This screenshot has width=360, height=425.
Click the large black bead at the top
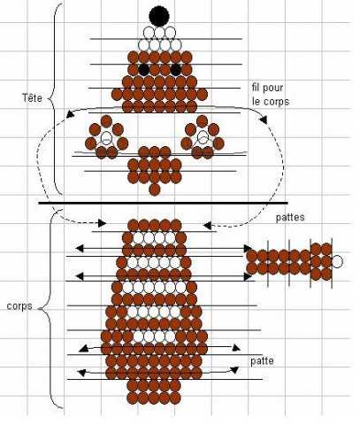coord(159,17)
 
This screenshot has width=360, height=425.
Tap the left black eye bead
coord(143,70)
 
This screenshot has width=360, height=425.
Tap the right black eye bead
coord(176,70)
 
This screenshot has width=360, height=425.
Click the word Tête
coord(32,97)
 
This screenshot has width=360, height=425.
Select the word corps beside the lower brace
coord(19,305)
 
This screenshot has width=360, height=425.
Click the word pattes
coord(290,217)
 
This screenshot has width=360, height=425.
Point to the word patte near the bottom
coord(262,360)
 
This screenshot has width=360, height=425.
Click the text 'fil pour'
coord(267,88)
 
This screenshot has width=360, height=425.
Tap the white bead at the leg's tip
coord(337,261)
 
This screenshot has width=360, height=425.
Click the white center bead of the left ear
coord(106,137)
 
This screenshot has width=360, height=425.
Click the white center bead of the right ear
coord(203,137)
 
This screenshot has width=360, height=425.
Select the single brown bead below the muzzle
coord(154,189)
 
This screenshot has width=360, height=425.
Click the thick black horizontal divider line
coord(163,203)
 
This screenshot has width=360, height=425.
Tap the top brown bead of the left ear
coord(106,121)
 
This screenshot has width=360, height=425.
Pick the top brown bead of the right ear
coord(202,121)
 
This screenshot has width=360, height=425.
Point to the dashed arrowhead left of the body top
coord(102,223)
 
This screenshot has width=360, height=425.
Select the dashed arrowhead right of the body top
coord(207,226)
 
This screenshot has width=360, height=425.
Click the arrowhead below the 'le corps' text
coord(263,120)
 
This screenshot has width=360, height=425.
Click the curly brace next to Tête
coord(56,99)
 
